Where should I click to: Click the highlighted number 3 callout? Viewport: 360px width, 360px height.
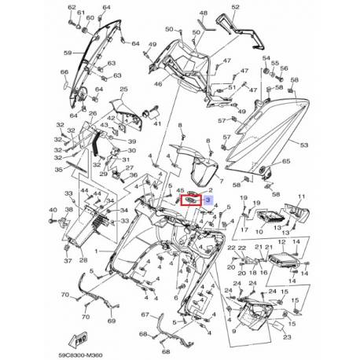coord(208,200)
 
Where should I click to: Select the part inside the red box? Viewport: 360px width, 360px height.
coord(191,201)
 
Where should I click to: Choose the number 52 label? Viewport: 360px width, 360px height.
coord(234,7)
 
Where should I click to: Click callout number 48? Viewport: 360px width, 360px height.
coord(204,13)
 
